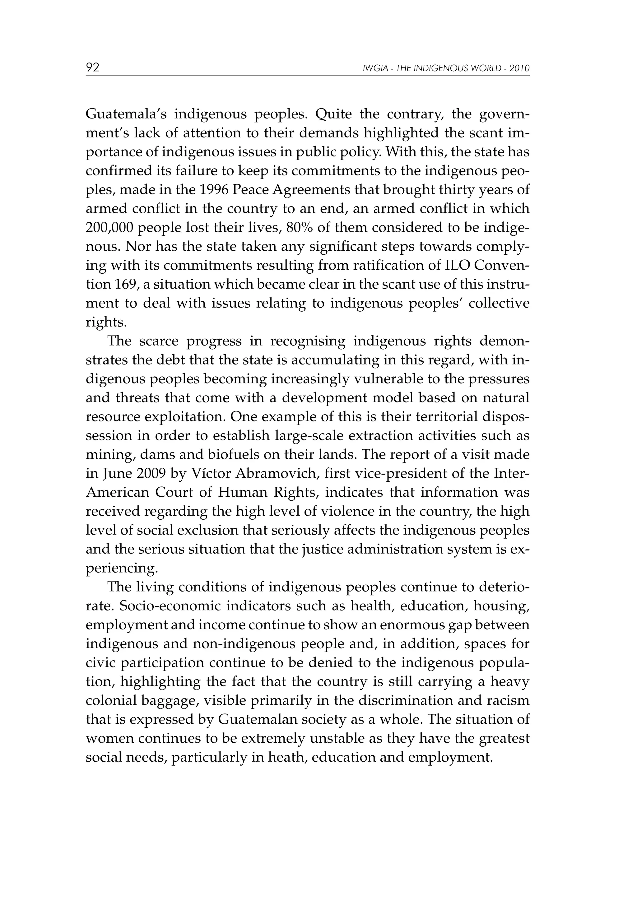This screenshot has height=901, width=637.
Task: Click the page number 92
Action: (x=93, y=67)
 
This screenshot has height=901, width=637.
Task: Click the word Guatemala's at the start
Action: (x=125, y=114)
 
